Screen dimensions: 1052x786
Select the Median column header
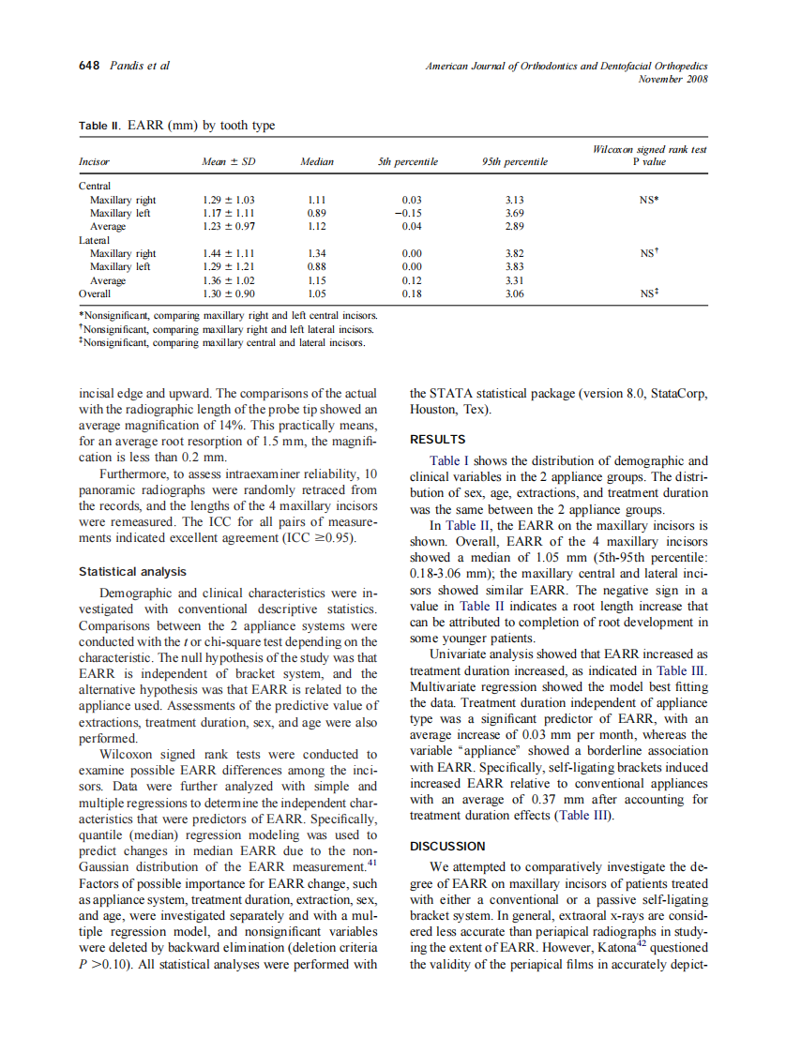(x=317, y=162)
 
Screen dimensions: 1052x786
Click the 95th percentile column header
(x=515, y=162)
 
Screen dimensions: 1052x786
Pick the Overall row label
(x=95, y=293)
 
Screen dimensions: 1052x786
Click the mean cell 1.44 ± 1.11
(x=229, y=253)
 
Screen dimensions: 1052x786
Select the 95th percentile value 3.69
(x=514, y=213)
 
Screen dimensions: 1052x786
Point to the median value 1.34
(x=317, y=253)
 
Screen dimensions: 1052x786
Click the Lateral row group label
(x=95, y=240)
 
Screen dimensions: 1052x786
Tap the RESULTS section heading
(x=438, y=439)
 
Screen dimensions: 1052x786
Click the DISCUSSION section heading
(x=447, y=846)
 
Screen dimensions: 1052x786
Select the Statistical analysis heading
(x=132, y=571)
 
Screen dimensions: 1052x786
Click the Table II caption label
(x=100, y=126)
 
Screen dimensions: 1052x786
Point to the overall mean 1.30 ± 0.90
(x=229, y=293)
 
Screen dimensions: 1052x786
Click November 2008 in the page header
(x=673, y=79)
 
